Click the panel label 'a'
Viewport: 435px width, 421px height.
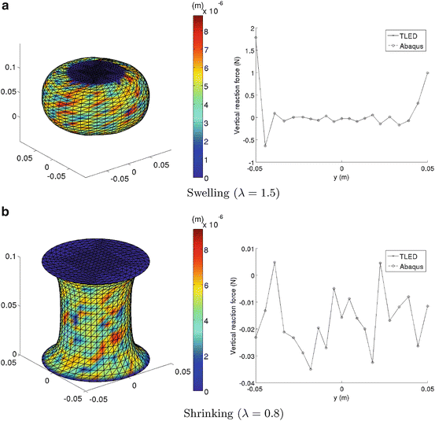tap(6, 6)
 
